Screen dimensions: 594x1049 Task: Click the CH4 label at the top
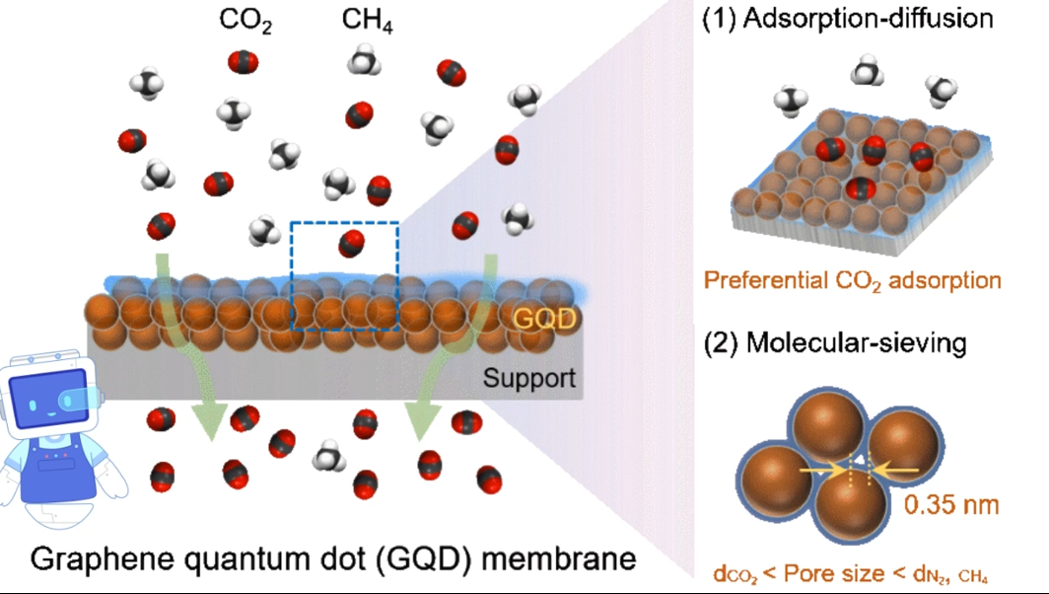tap(368, 22)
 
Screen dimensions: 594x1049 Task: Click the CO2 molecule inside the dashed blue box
tap(351, 243)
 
